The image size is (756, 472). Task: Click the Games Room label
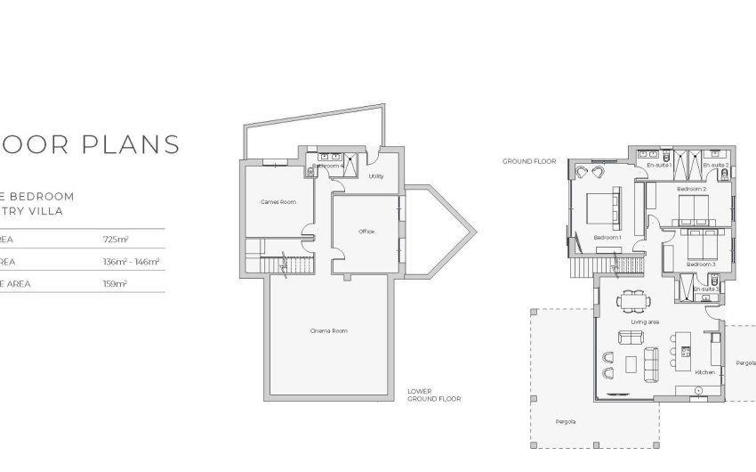point(277,202)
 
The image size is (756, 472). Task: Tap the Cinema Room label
point(328,331)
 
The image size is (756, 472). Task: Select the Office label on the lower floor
point(366,232)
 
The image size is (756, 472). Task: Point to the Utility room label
point(375,176)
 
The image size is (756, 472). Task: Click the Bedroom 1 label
point(607,238)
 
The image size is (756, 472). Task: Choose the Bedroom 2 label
point(691,190)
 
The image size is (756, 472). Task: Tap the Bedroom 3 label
point(701,264)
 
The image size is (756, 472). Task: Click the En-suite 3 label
point(704,289)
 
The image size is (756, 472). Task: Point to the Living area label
point(644,322)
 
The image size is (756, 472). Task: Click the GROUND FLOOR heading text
point(529,162)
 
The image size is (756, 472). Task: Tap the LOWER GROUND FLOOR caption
point(425,395)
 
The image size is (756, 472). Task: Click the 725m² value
point(116,240)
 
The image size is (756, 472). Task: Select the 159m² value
point(116,283)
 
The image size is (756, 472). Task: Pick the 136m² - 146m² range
point(132,262)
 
